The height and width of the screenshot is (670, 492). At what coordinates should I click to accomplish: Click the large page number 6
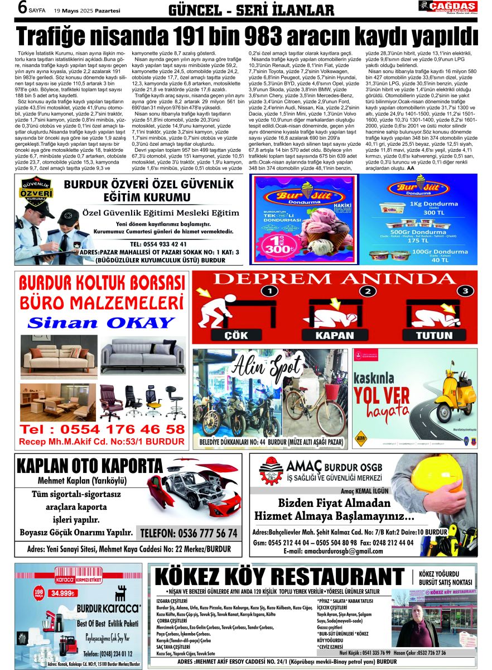[x=23, y=8]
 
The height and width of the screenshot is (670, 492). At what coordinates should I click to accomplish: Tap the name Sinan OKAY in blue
[x=101, y=323]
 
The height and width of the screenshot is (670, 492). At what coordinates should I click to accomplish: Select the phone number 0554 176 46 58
[x=102, y=429]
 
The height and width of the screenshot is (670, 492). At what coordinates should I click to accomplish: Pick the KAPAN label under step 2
[x=335, y=336]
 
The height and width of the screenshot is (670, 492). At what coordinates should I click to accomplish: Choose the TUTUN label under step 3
[x=435, y=336]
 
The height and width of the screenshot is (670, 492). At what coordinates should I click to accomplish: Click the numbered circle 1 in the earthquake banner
[x=269, y=291]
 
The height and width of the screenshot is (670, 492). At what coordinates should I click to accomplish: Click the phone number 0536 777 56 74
[x=189, y=533]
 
